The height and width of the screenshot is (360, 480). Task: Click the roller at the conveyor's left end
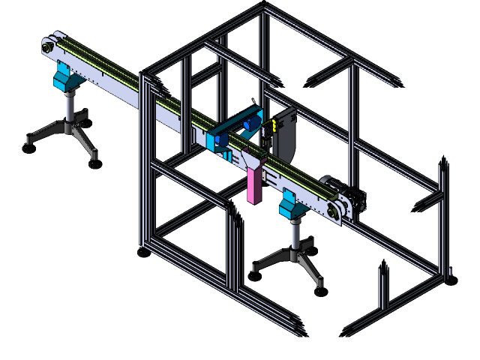click(x=47, y=47)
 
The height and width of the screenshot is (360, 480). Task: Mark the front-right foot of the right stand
click(x=319, y=284)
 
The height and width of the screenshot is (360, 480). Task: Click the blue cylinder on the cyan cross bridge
click(x=250, y=123)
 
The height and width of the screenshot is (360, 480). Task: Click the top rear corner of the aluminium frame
click(x=263, y=8)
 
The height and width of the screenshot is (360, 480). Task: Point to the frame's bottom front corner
click(x=300, y=330)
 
